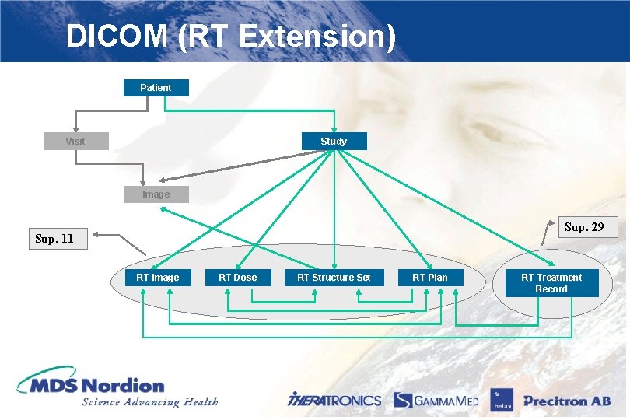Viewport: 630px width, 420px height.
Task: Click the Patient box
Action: click(x=156, y=87)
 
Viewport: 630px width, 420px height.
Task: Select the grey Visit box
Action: click(x=75, y=141)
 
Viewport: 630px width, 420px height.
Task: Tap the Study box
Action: click(x=334, y=141)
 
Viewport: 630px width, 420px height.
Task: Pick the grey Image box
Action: click(x=156, y=194)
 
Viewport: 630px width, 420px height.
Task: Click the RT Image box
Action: click(x=157, y=277)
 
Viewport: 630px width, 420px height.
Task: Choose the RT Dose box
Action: click(x=237, y=277)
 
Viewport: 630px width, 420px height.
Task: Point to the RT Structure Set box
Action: click(x=334, y=277)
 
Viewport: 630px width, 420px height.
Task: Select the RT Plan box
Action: click(x=430, y=277)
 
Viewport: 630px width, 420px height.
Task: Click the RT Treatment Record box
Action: click(x=551, y=283)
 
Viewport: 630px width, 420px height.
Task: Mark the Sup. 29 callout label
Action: click(x=584, y=227)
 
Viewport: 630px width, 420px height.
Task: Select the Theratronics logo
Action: click(x=334, y=401)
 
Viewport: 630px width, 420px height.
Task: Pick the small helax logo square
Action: click(x=499, y=400)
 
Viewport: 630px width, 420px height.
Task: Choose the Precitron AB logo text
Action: click(x=566, y=401)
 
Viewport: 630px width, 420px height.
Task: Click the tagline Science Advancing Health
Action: click(x=149, y=402)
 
